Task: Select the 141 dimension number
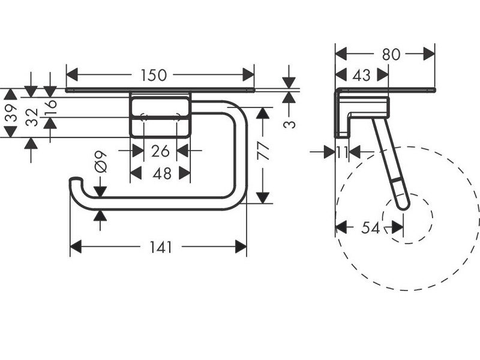[x=161, y=247]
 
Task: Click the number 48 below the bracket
[x=161, y=173]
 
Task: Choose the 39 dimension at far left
[x=10, y=112]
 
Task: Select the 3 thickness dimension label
[x=289, y=124]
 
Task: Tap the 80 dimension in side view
[x=391, y=54]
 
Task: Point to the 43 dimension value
[x=361, y=76]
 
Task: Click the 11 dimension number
[x=342, y=151]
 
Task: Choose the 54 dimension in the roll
[x=371, y=227]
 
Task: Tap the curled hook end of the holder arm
[x=75, y=181]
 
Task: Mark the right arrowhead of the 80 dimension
[x=430, y=54]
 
